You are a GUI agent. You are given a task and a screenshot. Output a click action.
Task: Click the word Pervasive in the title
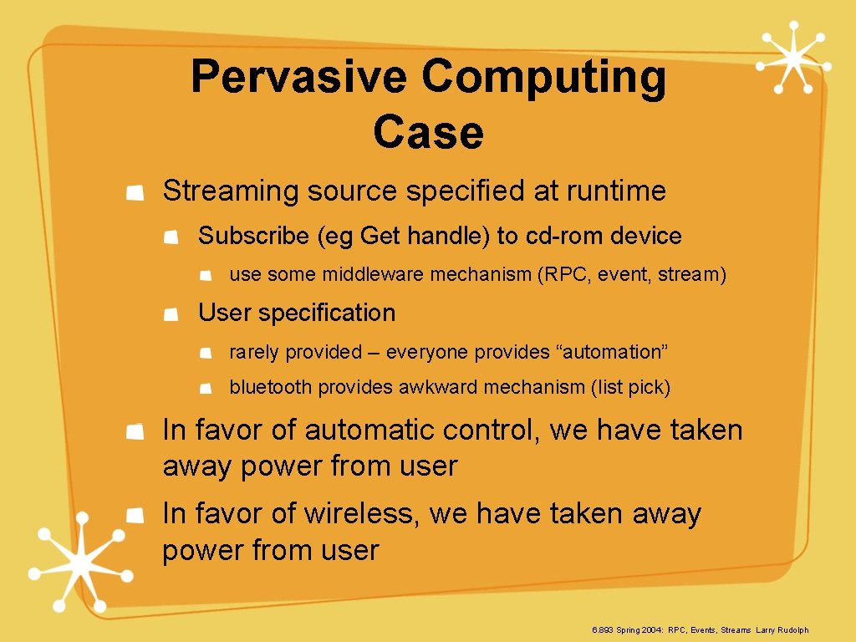coord(298,77)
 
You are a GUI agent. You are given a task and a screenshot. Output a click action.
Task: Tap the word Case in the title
coord(428,132)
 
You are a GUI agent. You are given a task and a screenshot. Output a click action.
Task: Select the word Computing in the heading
coord(543,77)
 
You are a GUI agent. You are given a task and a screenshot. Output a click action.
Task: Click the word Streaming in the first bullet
coord(231,191)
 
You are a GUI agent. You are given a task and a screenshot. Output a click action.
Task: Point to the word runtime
coord(616,191)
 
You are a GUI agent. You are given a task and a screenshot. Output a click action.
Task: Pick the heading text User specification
coord(297,313)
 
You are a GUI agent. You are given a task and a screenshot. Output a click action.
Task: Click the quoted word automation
coord(614,353)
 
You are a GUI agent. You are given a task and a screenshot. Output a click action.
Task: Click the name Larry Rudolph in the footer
coord(782,630)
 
